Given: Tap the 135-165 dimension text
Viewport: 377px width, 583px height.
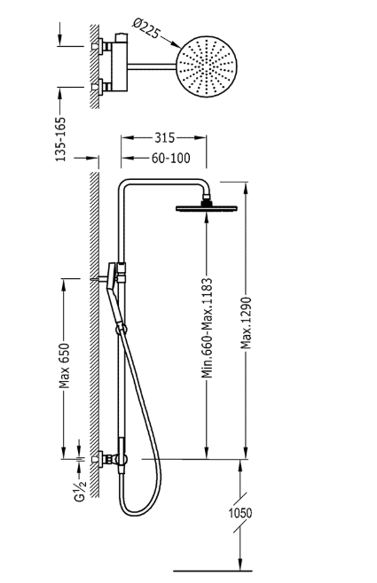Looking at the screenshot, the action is [x=60, y=139].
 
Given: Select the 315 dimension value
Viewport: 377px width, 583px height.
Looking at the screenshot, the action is [x=164, y=137].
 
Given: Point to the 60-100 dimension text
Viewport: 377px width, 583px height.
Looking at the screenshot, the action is [x=170, y=158].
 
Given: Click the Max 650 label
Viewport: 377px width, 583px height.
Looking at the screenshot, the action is [x=65, y=366].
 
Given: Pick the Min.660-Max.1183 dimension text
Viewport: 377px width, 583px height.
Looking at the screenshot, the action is [x=207, y=328].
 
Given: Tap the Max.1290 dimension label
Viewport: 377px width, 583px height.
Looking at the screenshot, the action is [x=246, y=323].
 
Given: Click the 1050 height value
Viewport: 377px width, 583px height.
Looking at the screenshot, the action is [x=240, y=513].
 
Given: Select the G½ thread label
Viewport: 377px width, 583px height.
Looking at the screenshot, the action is [x=81, y=491].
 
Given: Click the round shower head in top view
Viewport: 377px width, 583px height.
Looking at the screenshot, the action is [x=206, y=67].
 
